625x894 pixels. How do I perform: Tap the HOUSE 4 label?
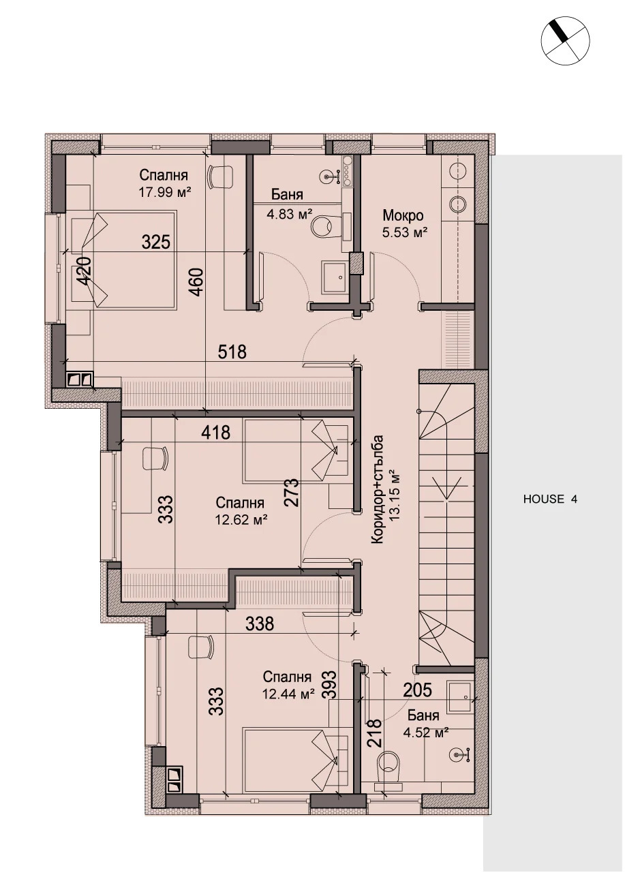[x=550, y=499]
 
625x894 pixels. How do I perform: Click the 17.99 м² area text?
[x=164, y=192]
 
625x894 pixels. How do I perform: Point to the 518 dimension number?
[x=232, y=352]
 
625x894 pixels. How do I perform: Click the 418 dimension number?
[x=216, y=431]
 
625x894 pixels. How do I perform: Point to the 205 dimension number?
[x=417, y=690]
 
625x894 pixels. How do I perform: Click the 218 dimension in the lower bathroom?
[x=374, y=734]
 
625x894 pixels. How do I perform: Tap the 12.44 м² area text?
[x=288, y=694]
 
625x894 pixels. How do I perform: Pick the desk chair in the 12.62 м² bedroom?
[x=155, y=458]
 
